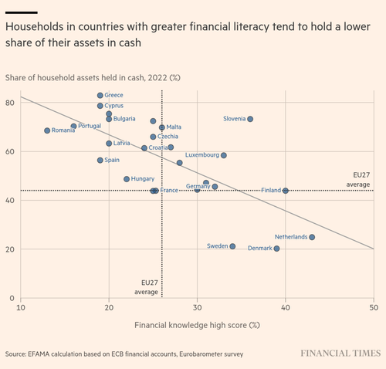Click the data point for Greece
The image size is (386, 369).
point(100,96)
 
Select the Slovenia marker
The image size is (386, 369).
point(250,119)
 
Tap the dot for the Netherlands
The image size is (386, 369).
point(312,237)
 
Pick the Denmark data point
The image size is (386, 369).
point(276,249)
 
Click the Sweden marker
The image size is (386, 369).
point(232,246)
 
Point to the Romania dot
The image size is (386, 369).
point(47,130)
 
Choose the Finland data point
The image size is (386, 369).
point(286,191)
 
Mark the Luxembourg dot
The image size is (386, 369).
point(224,155)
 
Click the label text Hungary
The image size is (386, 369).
point(143,179)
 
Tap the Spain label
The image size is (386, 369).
point(112,160)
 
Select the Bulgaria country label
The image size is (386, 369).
point(124,119)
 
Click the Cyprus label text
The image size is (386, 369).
point(113,106)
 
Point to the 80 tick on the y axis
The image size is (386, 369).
point(10,103)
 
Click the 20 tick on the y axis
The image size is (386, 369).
point(10,249)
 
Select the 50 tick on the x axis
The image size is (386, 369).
point(374,307)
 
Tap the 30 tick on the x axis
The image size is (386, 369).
point(197,307)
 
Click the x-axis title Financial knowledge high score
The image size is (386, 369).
point(191,325)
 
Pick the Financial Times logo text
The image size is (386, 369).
point(340,353)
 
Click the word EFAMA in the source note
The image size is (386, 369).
point(39,354)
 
